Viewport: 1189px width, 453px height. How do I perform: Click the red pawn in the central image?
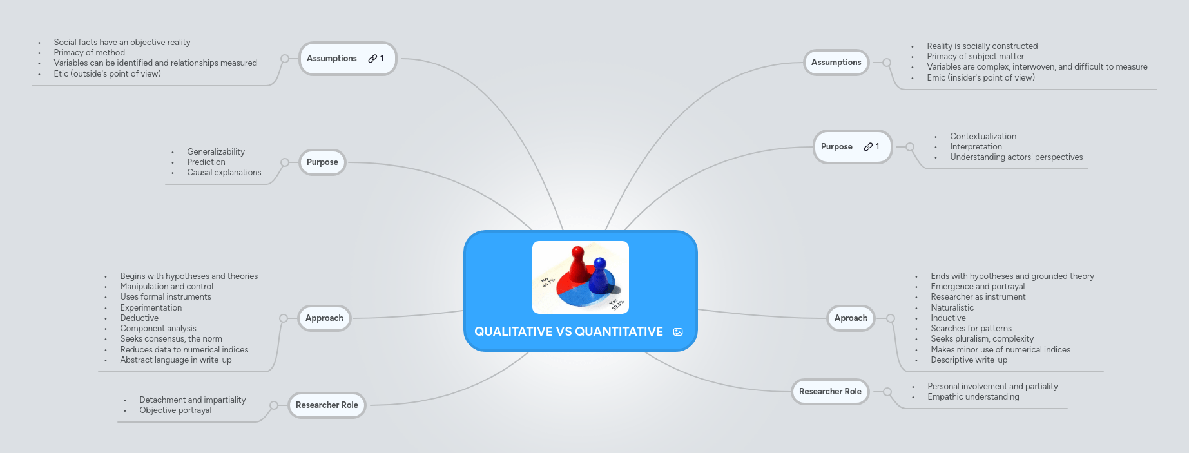click(x=579, y=264)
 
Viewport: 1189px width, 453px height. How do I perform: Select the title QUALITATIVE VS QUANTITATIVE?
click(x=568, y=331)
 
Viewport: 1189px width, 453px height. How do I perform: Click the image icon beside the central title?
click(x=678, y=332)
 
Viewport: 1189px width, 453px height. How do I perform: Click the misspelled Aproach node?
click(x=851, y=318)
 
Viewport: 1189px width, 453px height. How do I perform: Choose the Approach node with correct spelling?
click(x=324, y=318)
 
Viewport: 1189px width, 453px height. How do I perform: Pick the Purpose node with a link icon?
click(x=852, y=147)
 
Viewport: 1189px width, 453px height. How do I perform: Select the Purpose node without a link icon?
click(x=322, y=162)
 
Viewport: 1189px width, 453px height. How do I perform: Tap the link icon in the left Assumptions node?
click(x=372, y=59)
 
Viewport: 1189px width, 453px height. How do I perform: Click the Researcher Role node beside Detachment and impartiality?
click(x=327, y=405)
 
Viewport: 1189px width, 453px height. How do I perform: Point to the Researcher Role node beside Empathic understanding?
click(x=830, y=392)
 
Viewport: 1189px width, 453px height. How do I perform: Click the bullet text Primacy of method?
click(x=89, y=53)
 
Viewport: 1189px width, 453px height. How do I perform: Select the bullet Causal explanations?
click(x=224, y=173)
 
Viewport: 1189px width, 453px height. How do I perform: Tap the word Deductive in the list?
click(x=139, y=318)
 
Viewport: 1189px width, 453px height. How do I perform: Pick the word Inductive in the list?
click(x=948, y=318)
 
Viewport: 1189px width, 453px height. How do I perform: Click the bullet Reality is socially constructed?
click(x=982, y=46)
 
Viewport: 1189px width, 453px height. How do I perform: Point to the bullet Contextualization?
click(x=983, y=137)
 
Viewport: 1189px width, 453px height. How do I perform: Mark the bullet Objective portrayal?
click(x=175, y=410)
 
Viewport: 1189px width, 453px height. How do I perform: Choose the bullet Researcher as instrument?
click(x=978, y=297)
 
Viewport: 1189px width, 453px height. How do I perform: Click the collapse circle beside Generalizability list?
click(x=285, y=162)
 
